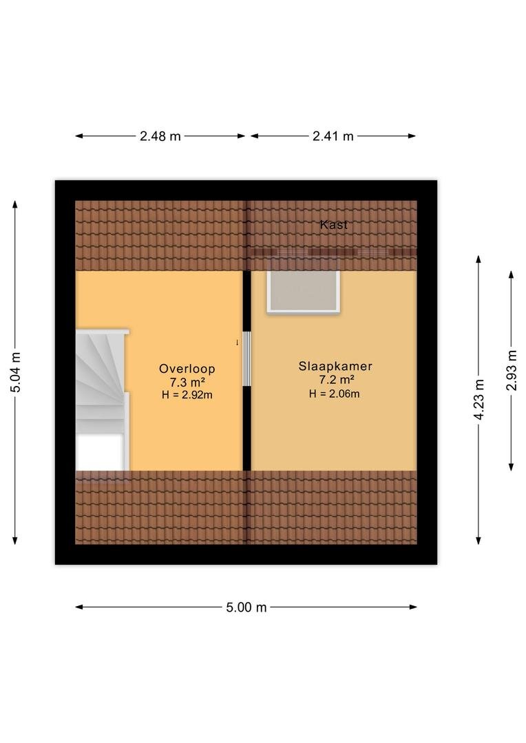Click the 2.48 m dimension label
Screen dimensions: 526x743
click(160, 136)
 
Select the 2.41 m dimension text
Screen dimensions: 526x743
click(333, 136)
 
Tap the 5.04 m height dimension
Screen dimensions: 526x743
click(15, 372)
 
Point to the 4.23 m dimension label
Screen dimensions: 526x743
click(478, 400)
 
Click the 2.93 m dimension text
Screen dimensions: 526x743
click(512, 370)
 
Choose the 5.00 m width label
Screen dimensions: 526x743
click(246, 607)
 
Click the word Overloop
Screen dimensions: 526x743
click(187, 369)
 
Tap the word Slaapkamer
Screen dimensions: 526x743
click(335, 366)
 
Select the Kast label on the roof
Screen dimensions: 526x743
click(334, 224)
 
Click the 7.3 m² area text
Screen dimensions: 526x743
click(187, 382)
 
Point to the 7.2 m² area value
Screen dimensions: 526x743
click(335, 380)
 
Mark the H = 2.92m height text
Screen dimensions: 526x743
click(187, 395)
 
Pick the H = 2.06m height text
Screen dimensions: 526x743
click(335, 394)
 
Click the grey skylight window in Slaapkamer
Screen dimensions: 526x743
click(304, 291)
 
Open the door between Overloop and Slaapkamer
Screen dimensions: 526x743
click(246, 358)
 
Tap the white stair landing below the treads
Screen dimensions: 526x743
click(100, 451)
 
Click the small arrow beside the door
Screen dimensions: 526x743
click(237, 342)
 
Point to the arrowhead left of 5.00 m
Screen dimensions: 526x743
click(79, 607)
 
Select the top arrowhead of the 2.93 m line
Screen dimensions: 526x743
click(512, 274)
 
